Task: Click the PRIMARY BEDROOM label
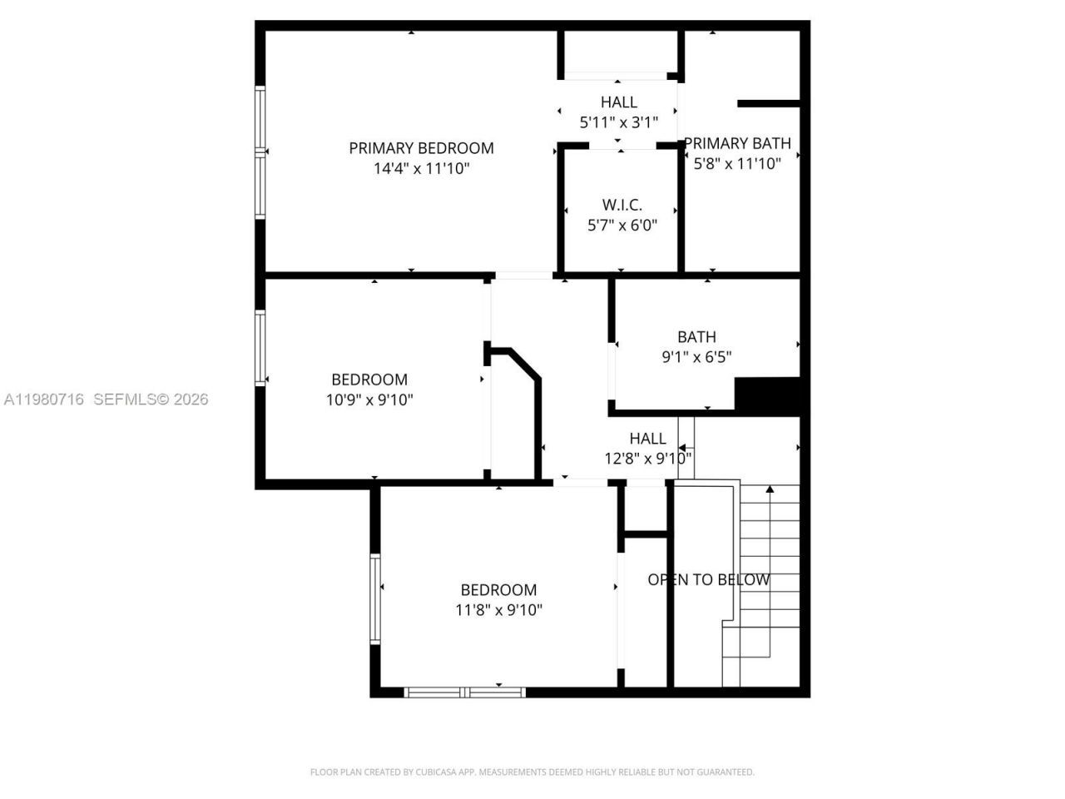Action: (x=421, y=148)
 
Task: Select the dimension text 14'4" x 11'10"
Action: (x=421, y=169)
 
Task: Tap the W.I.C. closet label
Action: (x=622, y=205)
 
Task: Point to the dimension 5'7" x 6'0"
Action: (x=622, y=225)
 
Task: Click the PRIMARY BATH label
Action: (x=737, y=143)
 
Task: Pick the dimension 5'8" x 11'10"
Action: (x=737, y=164)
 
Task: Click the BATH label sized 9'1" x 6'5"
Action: (x=696, y=337)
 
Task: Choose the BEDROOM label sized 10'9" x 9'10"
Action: (x=369, y=380)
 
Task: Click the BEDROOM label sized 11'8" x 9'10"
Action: (x=498, y=590)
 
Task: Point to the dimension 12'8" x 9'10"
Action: (x=647, y=459)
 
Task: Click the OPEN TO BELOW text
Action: (x=708, y=580)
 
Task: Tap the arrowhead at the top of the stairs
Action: (x=770, y=489)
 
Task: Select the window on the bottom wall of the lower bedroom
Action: (x=464, y=692)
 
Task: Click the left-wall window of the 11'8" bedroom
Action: (x=375, y=598)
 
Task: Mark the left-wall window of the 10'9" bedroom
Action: (x=260, y=348)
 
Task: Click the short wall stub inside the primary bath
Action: (x=768, y=104)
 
